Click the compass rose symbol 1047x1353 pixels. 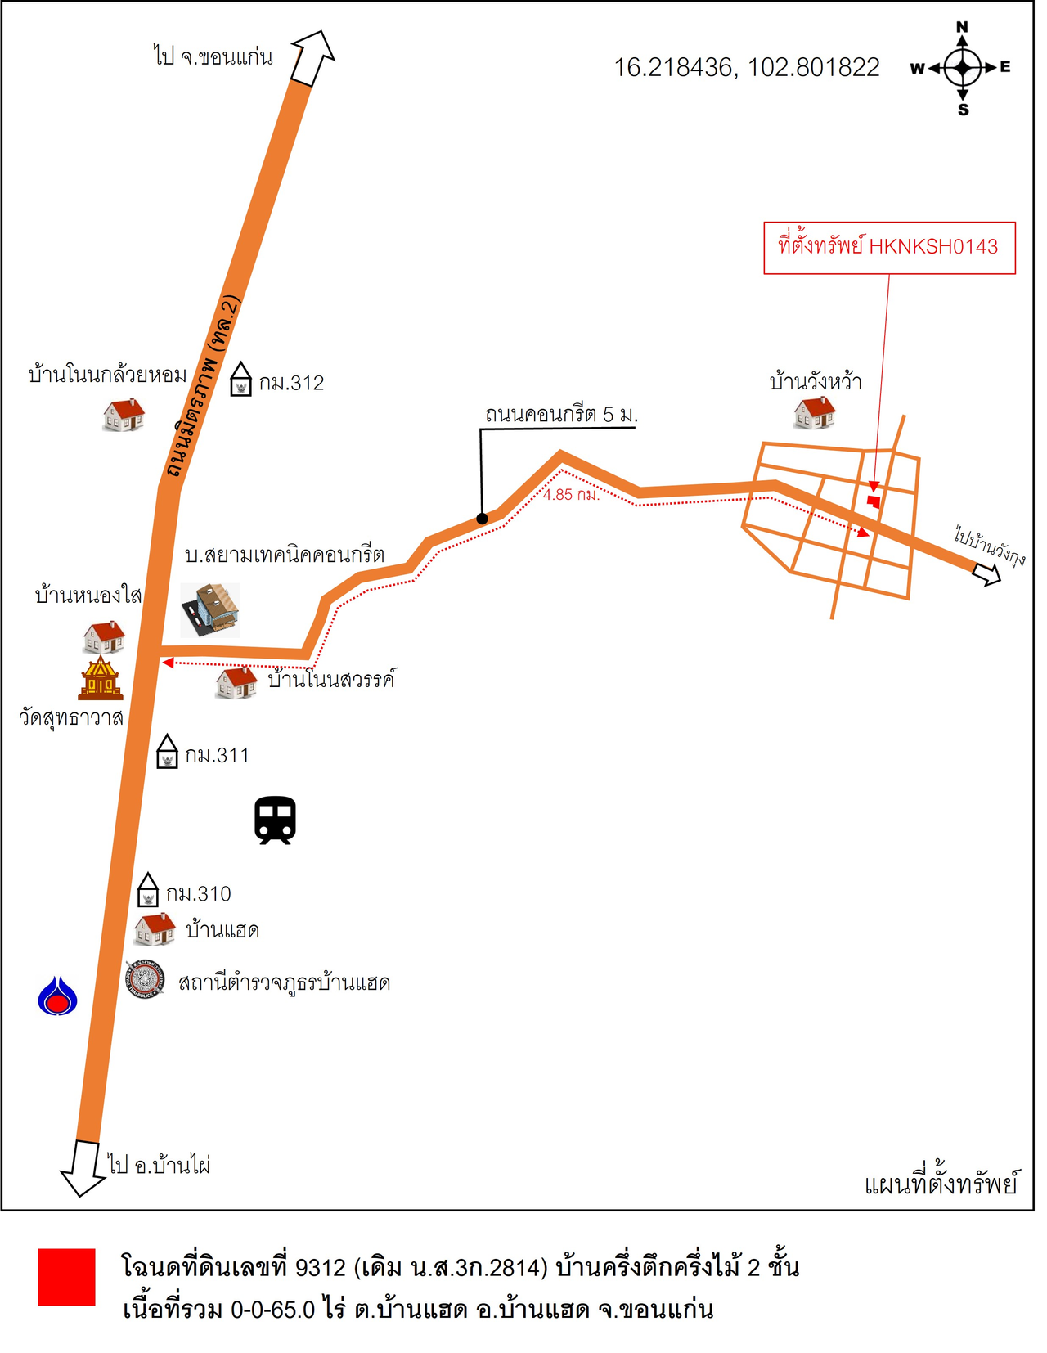(x=963, y=68)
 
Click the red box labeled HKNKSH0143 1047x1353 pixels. (x=889, y=248)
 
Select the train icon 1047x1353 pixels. (x=275, y=820)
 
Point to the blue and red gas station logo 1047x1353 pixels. (x=57, y=996)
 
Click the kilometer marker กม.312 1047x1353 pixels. (x=240, y=380)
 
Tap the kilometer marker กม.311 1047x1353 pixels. (x=167, y=752)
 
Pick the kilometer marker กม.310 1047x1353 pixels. (x=147, y=890)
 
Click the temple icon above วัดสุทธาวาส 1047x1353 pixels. (x=101, y=678)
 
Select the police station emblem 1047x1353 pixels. (x=146, y=979)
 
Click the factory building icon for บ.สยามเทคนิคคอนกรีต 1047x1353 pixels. (x=210, y=609)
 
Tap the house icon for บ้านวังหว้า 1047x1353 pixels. (x=815, y=412)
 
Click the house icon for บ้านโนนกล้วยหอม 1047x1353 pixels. (x=124, y=415)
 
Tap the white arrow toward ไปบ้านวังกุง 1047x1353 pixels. (x=987, y=573)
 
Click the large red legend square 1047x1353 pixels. (x=67, y=1277)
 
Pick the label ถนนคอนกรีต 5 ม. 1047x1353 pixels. (x=561, y=415)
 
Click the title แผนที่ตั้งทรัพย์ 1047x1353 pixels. (x=941, y=1184)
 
